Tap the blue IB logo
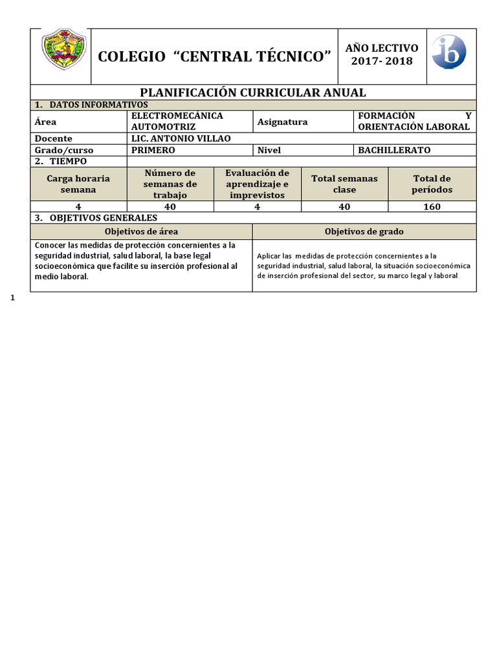pyautogui.click(x=448, y=52)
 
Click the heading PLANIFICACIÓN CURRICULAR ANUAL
pyautogui.click(x=253, y=92)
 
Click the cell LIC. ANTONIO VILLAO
pyautogui.click(x=180, y=138)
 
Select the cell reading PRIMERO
pyautogui.click(x=153, y=150)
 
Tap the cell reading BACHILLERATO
pyautogui.click(x=394, y=150)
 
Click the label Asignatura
pyautogui.click(x=282, y=122)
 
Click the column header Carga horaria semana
pyautogui.click(x=78, y=184)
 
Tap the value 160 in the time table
pyautogui.click(x=431, y=207)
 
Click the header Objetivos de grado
pyautogui.click(x=364, y=231)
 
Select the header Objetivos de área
pyautogui.click(x=141, y=231)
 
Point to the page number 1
pyautogui.click(x=13, y=298)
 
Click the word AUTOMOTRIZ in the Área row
pyautogui.click(x=163, y=127)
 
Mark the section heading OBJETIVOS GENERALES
pyautogui.click(x=103, y=218)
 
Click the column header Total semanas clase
pyautogui.click(x=344, y=184)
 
